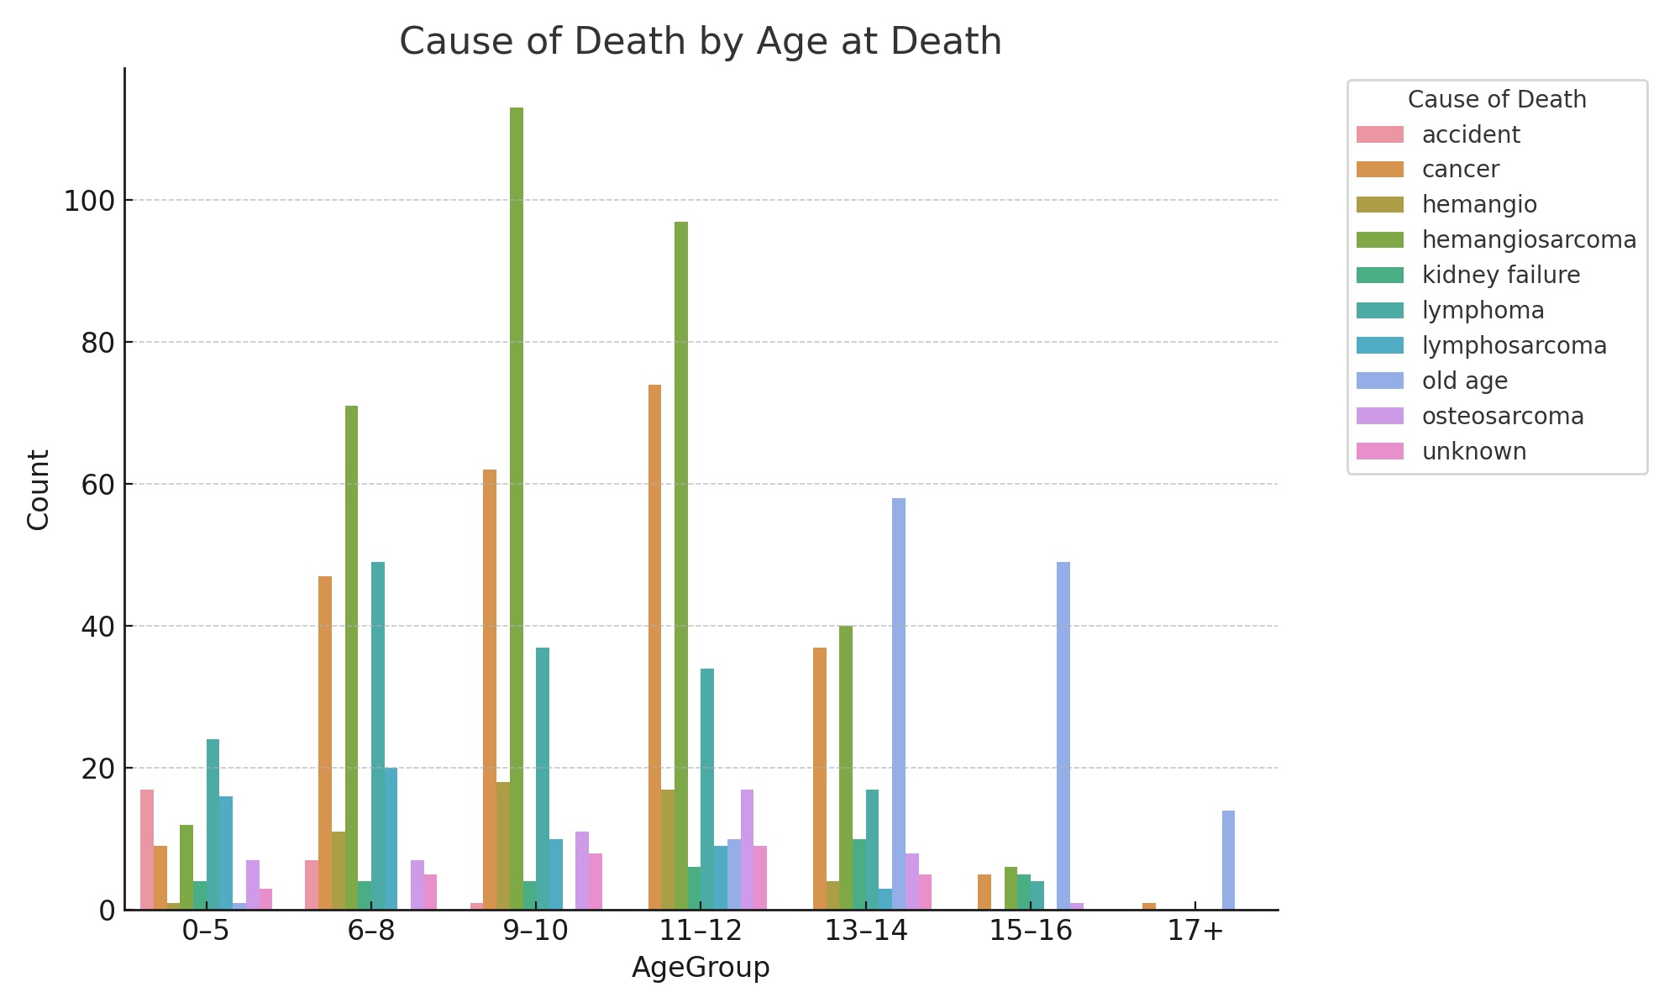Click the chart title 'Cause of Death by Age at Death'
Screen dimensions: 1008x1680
(700, 42)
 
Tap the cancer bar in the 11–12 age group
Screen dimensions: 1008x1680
(654, 647)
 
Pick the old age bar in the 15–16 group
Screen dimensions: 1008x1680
(1063, 736)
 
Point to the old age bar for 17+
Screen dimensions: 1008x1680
(1228, 860)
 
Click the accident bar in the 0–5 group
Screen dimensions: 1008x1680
(147, 849)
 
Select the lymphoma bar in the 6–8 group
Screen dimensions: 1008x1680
(378, 736)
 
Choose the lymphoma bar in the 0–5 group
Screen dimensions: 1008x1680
(213, 824)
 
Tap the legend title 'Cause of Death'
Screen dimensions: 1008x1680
(1497, 100)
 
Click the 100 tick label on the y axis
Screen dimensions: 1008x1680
(88, 202)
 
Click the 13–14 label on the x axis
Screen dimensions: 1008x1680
(866, 932)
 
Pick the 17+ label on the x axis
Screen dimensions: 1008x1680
(1195, 932)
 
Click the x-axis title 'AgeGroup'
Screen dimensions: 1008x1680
(701, 968)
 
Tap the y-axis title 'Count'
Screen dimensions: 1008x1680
(39, 490)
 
